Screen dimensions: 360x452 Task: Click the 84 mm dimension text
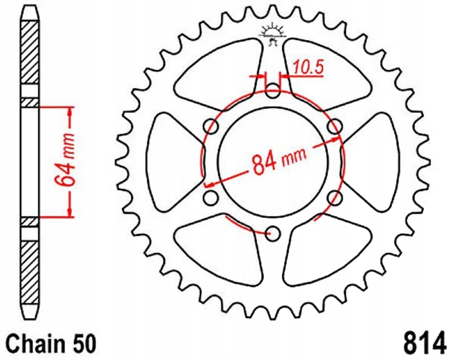[272, 161]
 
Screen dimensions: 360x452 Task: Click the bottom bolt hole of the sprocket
[273, 234]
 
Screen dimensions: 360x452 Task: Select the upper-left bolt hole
[211, 127]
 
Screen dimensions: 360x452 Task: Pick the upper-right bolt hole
[334, 127]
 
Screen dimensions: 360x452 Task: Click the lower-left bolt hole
[210, 197]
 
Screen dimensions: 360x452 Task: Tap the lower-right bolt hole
[334, 197]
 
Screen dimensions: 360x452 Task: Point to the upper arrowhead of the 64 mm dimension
[70, 112]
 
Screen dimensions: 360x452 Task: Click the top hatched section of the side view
[30, 50]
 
